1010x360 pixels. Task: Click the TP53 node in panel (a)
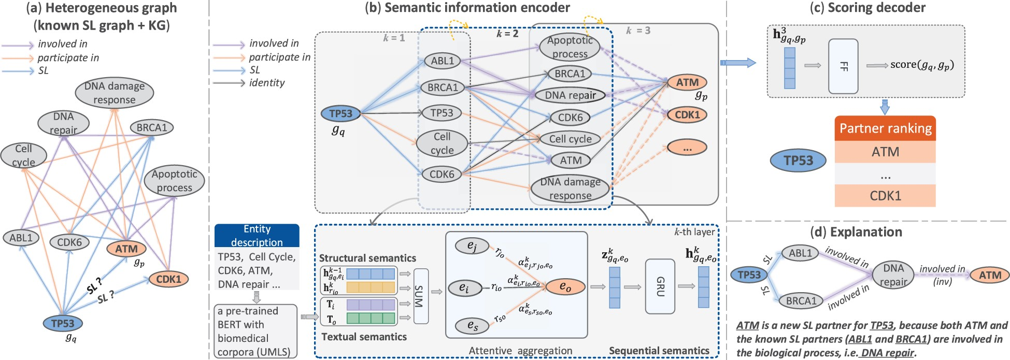click(63, 323)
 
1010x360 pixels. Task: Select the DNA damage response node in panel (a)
click(114, 93)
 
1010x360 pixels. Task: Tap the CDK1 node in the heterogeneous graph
click(169, 279)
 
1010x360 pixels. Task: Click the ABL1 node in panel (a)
click(21, 238)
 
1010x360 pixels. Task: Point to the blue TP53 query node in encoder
click(340, 113)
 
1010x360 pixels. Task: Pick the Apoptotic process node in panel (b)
click(570, 47)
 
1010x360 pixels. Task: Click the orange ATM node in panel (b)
click(687, 82)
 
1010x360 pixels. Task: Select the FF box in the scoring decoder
click(843, 66)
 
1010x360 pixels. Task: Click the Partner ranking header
click(885, 128)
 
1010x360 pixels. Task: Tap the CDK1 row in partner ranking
click(885, 196)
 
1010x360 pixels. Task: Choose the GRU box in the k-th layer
click(660, 286)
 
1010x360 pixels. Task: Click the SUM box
click(421, 296)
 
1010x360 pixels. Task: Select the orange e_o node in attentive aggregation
click(565, 286)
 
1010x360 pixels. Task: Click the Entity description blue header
click(257, 235)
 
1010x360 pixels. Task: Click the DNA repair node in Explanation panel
click(893, 275)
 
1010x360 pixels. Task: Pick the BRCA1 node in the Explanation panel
click(801, 300)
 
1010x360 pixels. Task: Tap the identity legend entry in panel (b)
click(266, 83)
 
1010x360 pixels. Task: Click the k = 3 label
click(638, 31)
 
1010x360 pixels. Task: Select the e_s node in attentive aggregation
click(472, 325)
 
